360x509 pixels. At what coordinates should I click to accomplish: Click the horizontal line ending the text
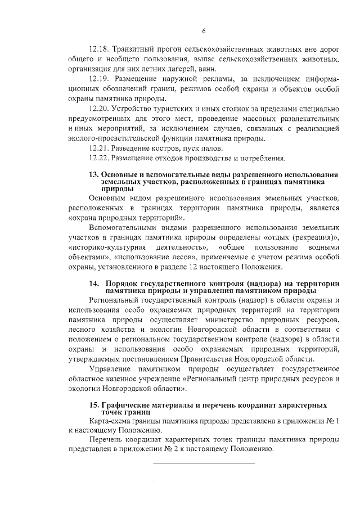(x=204, y=463)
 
